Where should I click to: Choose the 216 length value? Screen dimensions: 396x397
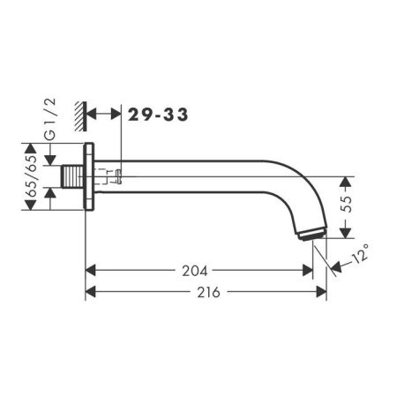pos(205,292)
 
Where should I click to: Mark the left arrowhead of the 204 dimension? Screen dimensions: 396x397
pos(91,272)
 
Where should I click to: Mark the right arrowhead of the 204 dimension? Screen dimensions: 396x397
pos(309,272)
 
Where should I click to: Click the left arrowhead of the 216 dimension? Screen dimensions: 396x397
pos(91,292)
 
